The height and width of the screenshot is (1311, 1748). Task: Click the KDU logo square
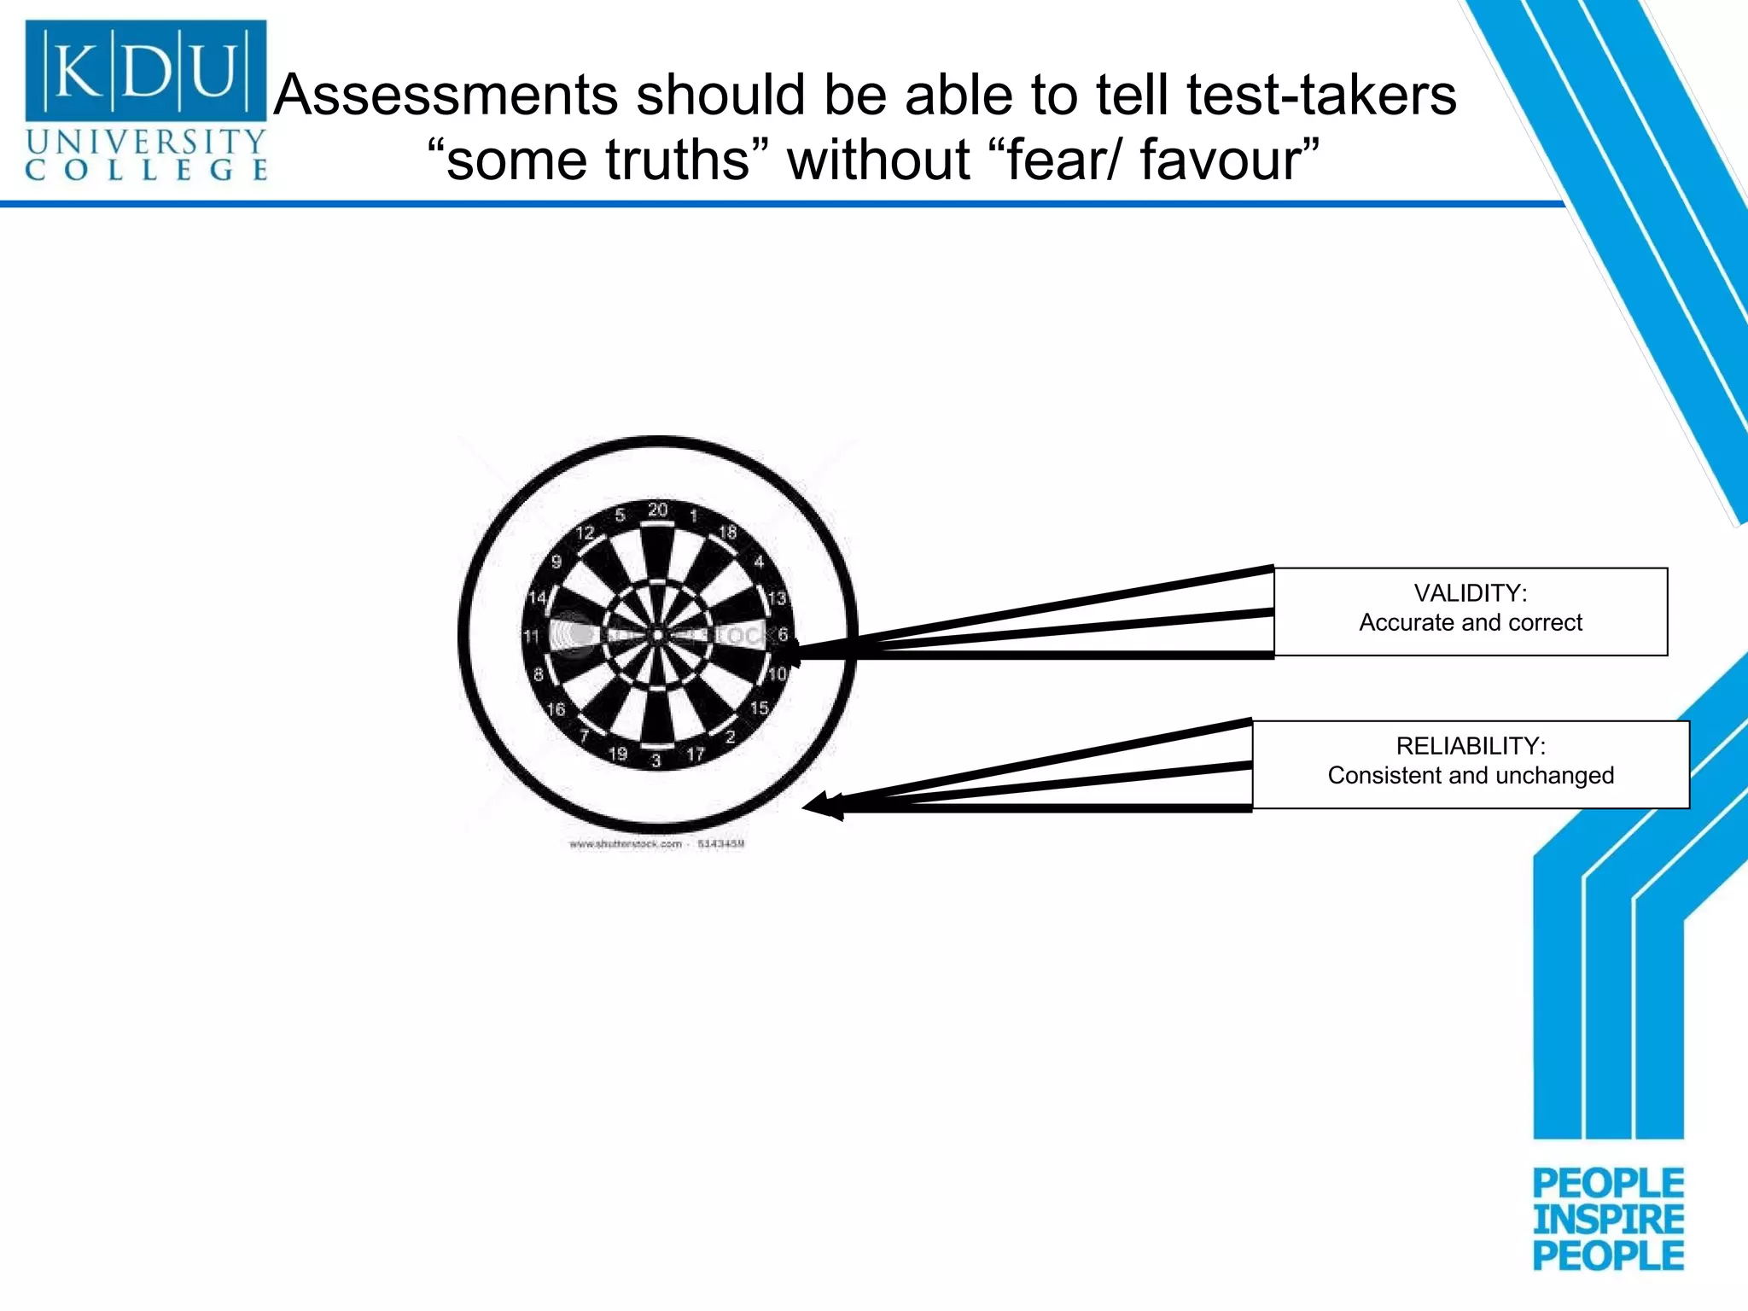click(x=145, y=70)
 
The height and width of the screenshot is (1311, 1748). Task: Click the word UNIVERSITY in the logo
click(x=146, y=142)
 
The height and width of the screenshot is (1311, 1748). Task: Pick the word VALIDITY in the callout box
click(x=1470, y=593)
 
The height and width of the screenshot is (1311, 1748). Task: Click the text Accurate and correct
click(x=1470, y=623)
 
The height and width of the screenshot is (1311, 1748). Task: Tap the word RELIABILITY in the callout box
click(x=1470, y=746)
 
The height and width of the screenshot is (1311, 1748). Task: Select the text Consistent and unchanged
click(x=1470, y=776)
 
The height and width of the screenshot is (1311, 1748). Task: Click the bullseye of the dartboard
click(x=657, y=635)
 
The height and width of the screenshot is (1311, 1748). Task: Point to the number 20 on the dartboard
click(x=657, y=510)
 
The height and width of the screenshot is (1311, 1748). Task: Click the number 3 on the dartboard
click(x=655, y=760)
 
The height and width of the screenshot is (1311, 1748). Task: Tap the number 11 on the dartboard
click(x=532, y=637)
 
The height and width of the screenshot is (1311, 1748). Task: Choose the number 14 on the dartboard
click(x=537, y=597)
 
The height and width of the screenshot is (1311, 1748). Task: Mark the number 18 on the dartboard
click(x=727, y=533)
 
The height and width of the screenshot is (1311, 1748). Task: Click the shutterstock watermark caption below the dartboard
click(x=656, y=844)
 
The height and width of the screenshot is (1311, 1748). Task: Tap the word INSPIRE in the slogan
click(x=1608, y=1220)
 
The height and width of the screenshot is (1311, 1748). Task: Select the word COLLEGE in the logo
click(x=146, y=169)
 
